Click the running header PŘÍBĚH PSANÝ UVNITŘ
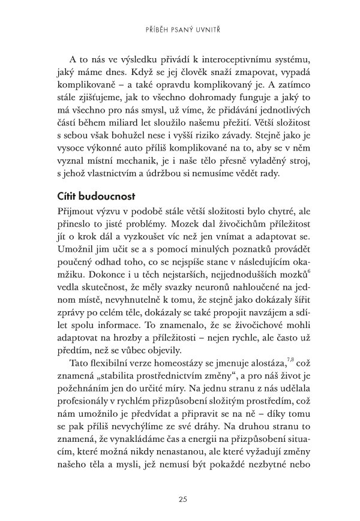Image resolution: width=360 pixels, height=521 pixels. pos(180,28)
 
